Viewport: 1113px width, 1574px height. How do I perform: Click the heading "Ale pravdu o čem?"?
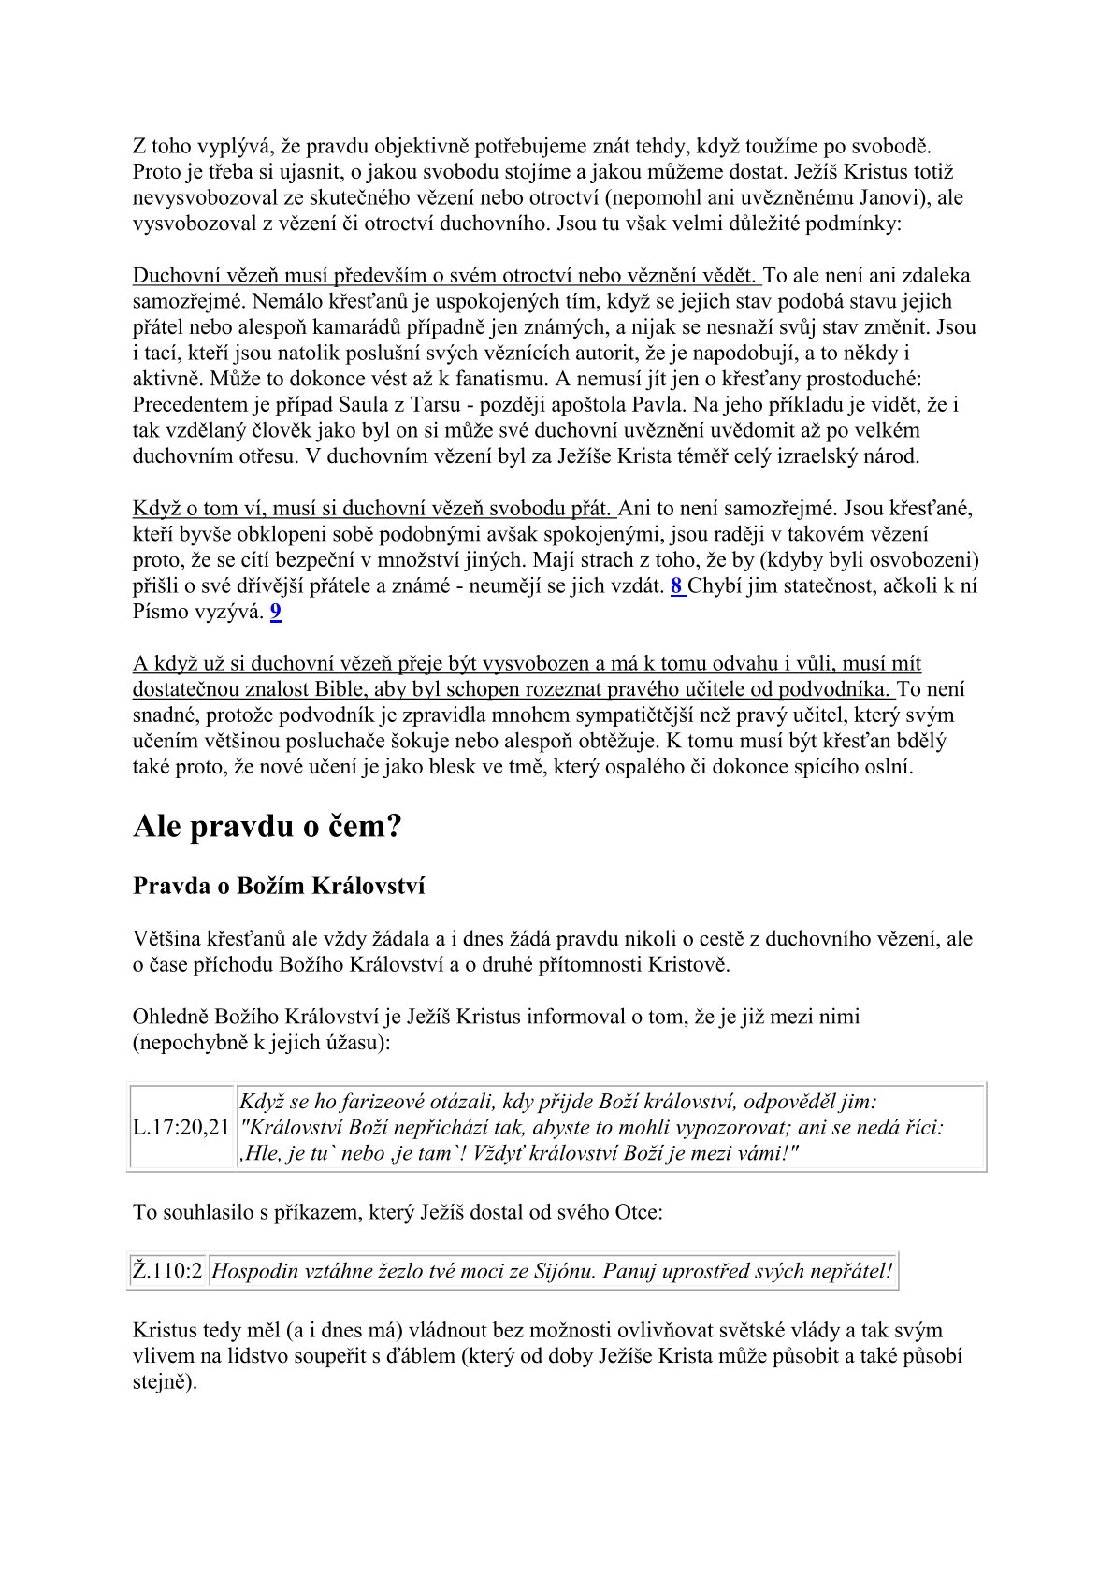267,827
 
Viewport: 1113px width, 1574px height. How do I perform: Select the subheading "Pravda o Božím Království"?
279,886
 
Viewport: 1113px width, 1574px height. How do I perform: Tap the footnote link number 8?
676,587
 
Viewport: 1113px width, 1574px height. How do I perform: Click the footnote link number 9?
275,613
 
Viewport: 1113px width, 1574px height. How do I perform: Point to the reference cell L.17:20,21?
181,1127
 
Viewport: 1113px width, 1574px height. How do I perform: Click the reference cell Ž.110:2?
167,1271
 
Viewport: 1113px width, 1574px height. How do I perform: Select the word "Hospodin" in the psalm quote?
254,1271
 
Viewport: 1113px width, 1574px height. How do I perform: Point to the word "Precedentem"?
187,405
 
